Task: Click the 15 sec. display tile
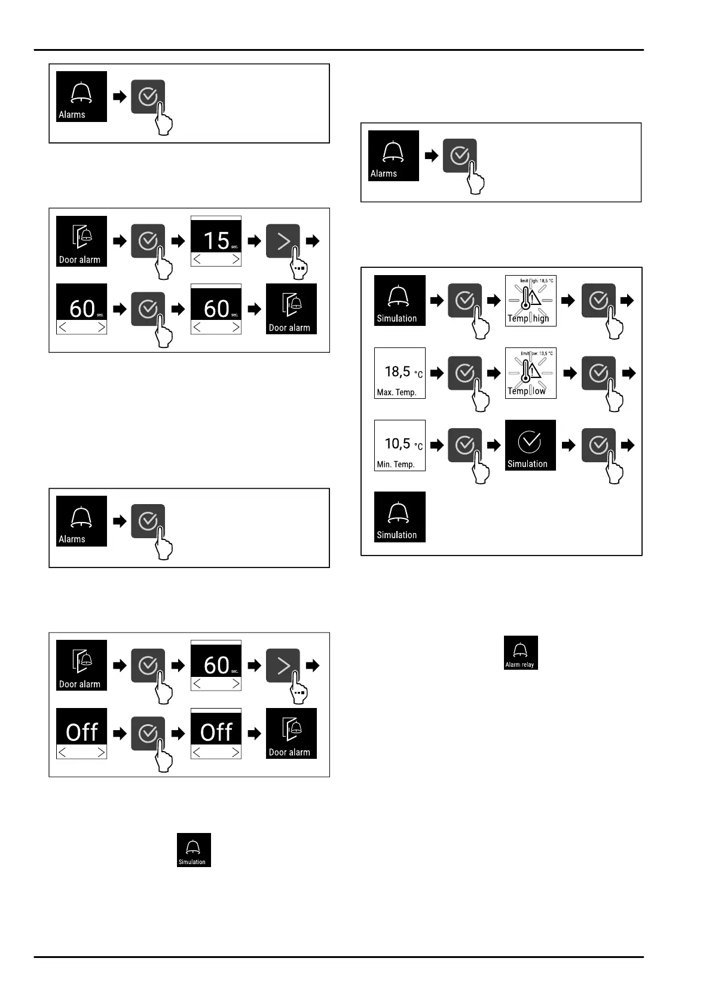click(x=216, y=241)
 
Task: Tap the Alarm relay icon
click(x=521, y=652)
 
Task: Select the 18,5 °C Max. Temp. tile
click(x=400, y=373)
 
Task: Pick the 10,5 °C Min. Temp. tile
click(x=400, y=445)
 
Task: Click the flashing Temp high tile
click(x=531, y=301)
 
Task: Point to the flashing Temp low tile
click(x=531, y=373)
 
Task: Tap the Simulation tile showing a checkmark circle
click(x=530, y=445)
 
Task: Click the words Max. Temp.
click(x=397, y=392)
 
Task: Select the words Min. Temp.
click(x=396, y=464)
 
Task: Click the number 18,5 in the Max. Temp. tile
click(x=397, y=371)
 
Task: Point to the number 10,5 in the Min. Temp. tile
click(x=397, y=443)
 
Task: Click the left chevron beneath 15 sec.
click(x=197, y=260)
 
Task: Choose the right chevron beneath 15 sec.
click(x=236, y=260)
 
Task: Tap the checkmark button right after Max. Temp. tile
click(x=465, y=373)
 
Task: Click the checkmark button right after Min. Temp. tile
click(x=465, y=445)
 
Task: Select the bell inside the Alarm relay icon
click(x=521, y=649)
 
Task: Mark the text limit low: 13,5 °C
click(x=536, y=353)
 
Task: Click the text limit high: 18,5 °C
click(x=536, y=280)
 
